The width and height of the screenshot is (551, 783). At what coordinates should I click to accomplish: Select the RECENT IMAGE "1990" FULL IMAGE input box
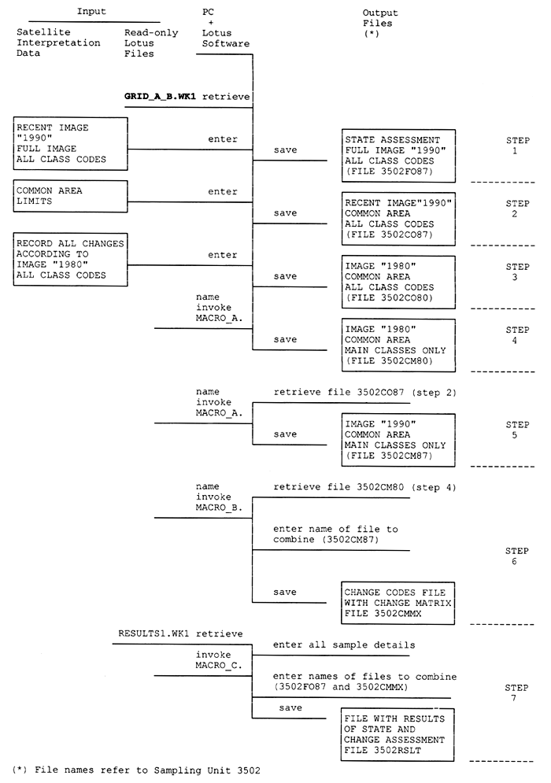[x=72, y=142]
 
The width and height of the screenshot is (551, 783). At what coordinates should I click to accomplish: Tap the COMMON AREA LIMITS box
[x=72, y=196]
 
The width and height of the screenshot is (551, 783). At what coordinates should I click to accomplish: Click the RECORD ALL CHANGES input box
[x=72, y=259]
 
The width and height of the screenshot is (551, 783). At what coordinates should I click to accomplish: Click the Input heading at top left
[x=91, y=11]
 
